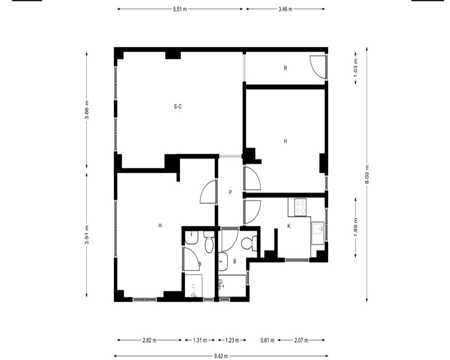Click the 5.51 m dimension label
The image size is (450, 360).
tap(180, 9)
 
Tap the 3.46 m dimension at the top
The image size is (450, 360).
tap(285, 9)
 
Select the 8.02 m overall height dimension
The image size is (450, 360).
tap(367, 175)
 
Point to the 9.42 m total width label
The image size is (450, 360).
tap(221, 356)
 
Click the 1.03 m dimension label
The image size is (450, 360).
tap(356, 68)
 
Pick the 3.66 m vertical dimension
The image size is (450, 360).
tap(87, 110)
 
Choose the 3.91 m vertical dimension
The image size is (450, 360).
tap(87, 235)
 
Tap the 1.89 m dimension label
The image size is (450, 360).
tap(356, 227)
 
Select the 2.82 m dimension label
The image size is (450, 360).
tap(149, 341)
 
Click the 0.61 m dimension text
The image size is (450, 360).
tap(267, 341)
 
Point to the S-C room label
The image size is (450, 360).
tap(178, 107)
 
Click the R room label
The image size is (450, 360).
tap(285, 68)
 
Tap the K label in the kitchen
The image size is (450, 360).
tap(289, 226)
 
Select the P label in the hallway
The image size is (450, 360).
tap(230, 192)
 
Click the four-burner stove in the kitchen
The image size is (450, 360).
tap(301, 207)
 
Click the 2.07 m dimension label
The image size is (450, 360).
tap(301, 341)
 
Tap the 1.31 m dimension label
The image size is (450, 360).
tap(200, 341)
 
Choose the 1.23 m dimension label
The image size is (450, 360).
tap(232, 341)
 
